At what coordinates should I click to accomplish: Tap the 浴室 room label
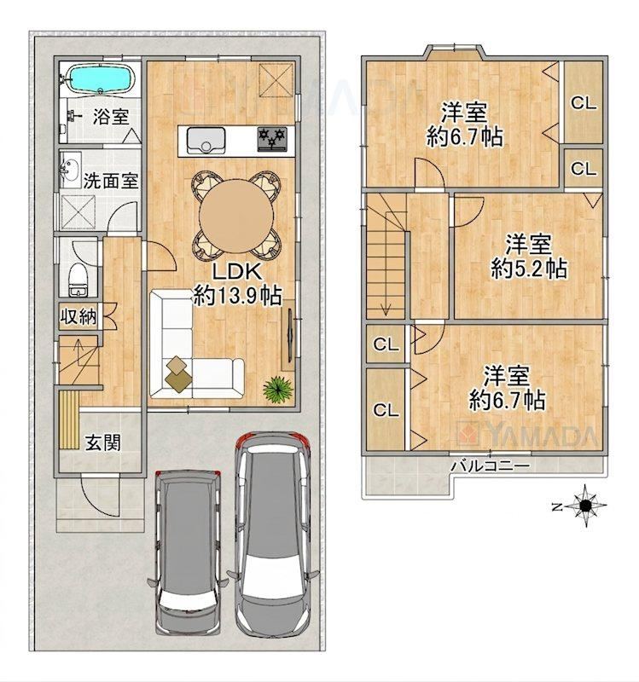(x=111, y=116)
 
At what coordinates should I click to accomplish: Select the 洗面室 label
(x=111, y=181)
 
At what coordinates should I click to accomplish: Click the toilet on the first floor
(x=78, y=280)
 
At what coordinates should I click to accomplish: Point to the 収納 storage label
(x=78, y=316)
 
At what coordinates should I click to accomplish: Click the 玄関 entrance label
(x=102, y=442)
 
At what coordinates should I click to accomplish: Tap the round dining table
(x=236, y=215)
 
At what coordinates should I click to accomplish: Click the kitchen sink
(x=206, y=140)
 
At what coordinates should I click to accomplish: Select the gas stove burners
(x=272, y=138)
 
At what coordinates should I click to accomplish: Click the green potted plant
(x=277, y=389)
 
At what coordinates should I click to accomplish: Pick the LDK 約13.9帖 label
(x=237, y=285)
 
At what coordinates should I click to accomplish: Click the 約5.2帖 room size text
(x=529, y=269)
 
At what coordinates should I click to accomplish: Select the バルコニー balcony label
(x=490, y=466)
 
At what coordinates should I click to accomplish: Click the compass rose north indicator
(x=584, y=506)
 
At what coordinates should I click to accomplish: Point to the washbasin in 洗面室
(x=70, y=169)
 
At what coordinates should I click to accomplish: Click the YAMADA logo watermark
(x=528, y=434)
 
